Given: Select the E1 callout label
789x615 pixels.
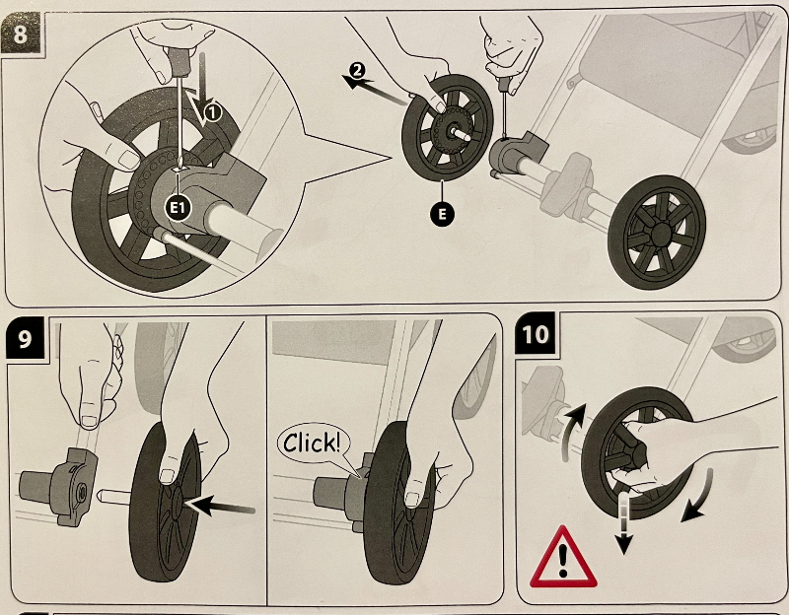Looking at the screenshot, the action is pos(179,206).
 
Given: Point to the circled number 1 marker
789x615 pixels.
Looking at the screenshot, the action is pos(215,113).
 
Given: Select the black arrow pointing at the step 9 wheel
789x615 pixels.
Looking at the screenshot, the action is pos(222,507).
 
